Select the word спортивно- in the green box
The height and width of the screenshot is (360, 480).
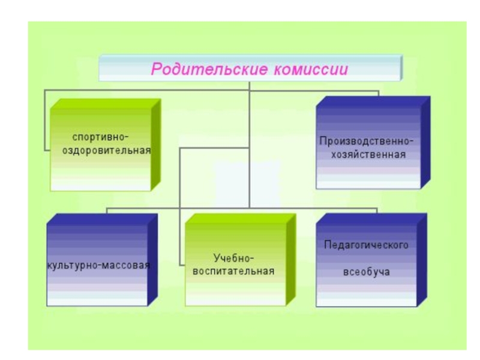[100, 137]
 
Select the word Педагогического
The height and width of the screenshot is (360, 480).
[366, 245]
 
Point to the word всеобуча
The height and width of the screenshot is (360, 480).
[366, 272]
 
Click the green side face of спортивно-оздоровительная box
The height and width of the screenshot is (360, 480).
[156, 147]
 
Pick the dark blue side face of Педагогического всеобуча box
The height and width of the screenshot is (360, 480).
[424, 261]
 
